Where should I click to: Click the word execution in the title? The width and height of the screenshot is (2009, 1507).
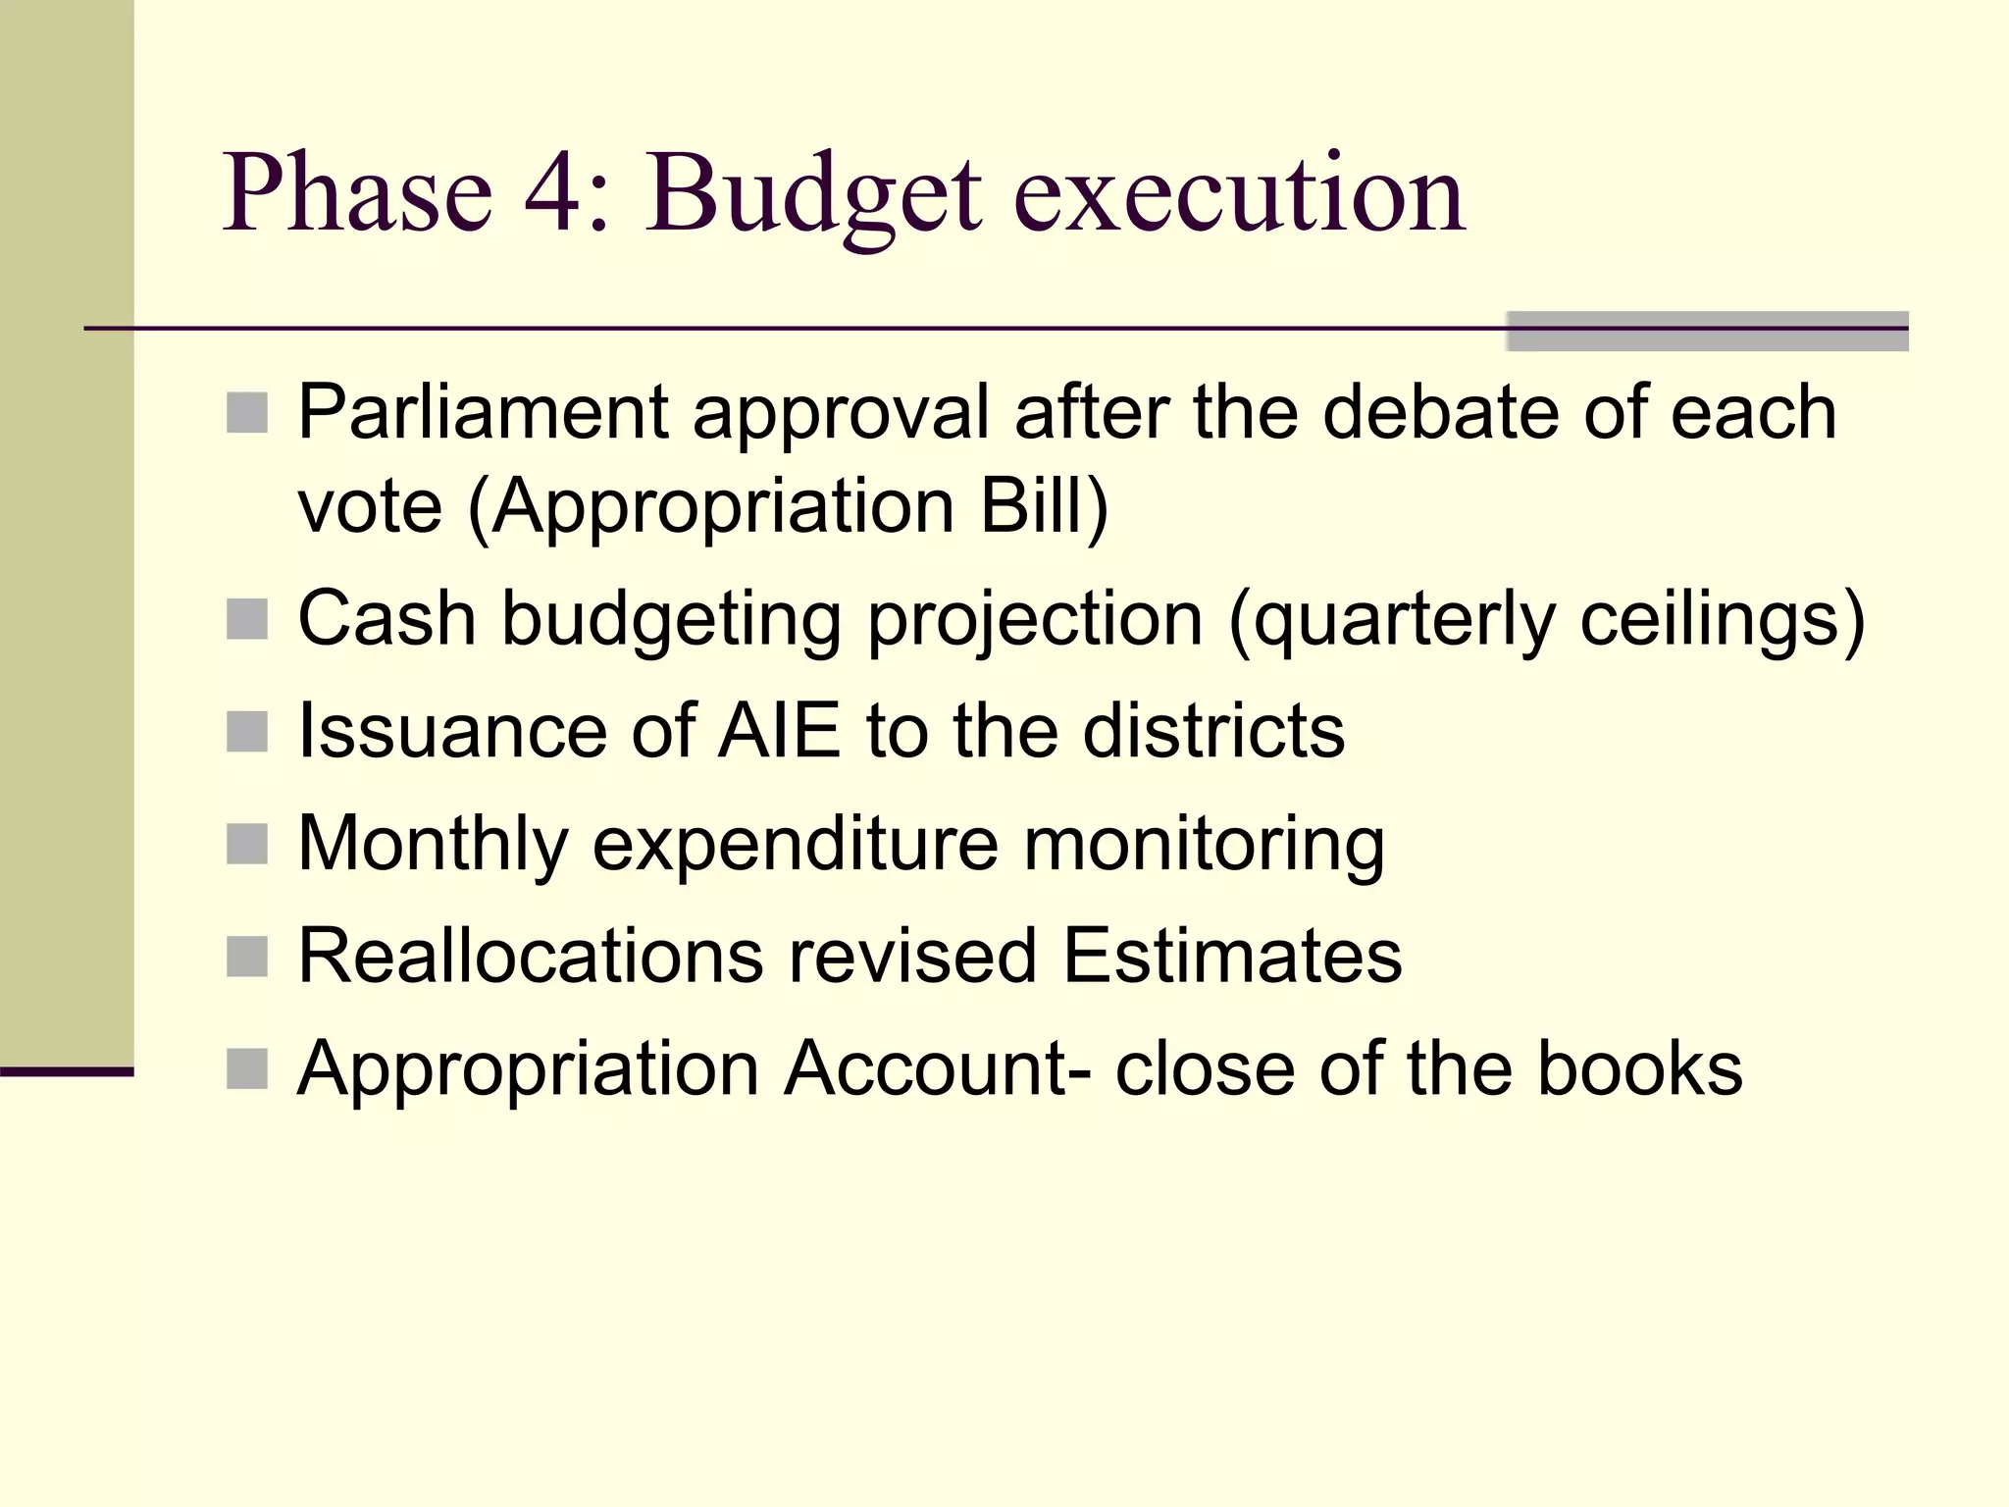click(x=1239, y=194)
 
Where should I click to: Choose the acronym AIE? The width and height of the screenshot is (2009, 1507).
click(x=779, y=731)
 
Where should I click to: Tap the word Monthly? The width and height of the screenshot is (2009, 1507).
click(x=433, y=844)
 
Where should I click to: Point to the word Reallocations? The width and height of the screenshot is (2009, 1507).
click(x=530, y=956)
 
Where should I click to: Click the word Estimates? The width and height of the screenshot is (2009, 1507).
click(x=1232, y=956)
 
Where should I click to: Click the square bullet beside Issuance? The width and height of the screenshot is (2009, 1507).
click(x=247, y=732)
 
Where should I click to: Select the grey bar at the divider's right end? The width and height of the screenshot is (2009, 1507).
click(x=1707, y=331)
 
